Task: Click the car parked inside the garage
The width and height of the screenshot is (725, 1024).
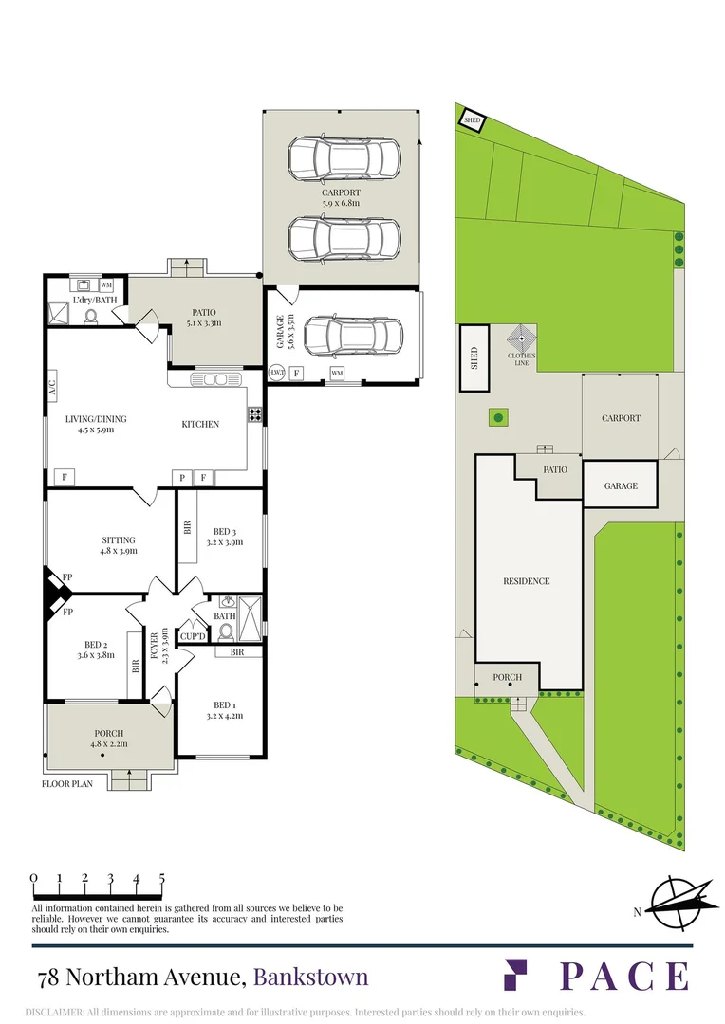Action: click(x=353, y=337)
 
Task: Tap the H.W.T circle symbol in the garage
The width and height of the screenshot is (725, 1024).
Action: click(x=276, y=372)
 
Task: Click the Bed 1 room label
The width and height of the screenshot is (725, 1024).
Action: click(x=224, y=710)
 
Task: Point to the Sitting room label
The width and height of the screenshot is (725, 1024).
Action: click(x=119, y=545)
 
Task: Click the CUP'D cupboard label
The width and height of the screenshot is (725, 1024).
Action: click(x=193, y=636)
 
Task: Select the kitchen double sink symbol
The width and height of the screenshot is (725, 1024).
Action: click(x=207, y=379)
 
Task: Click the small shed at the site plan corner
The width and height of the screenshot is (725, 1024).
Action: click(x=472, y=120)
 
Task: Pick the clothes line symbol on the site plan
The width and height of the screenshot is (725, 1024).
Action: click(x=522, y=341)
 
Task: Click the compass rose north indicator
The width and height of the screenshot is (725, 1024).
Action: click(x=679, y=904)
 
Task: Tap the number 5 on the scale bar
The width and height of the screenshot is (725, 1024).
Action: click(x=161, y=878)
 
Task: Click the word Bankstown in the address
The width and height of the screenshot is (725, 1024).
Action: click(x=310, y=978)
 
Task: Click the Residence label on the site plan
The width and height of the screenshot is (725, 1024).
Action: click(x=527, y=580)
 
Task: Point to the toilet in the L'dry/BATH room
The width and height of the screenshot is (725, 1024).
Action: click(x=91, y=316)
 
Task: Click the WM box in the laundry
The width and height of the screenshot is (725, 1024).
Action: click(x=106, y=285)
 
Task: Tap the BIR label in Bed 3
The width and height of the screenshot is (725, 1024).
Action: click(x=188, y=528)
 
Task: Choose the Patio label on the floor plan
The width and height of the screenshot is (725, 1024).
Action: click(x=204, y=318)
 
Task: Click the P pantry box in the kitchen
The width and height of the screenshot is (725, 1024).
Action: click(x=182, y=478)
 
